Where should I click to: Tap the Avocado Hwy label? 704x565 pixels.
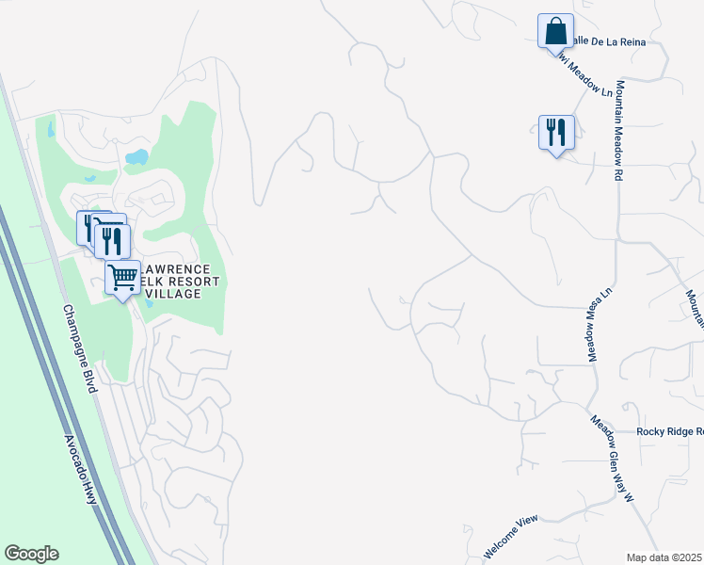click(81, 469)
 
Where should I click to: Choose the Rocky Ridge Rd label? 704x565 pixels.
click(669, 431)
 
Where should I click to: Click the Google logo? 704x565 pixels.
click(31, 554)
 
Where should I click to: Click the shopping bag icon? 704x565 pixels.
click(555, 31)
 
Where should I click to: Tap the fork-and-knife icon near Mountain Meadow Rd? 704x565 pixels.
click(556, 132)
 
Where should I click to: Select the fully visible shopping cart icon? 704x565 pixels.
click(123, 278)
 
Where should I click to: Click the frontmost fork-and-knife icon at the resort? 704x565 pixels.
click(112, 241)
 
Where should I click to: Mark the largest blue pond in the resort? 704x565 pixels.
click(137, 157)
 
